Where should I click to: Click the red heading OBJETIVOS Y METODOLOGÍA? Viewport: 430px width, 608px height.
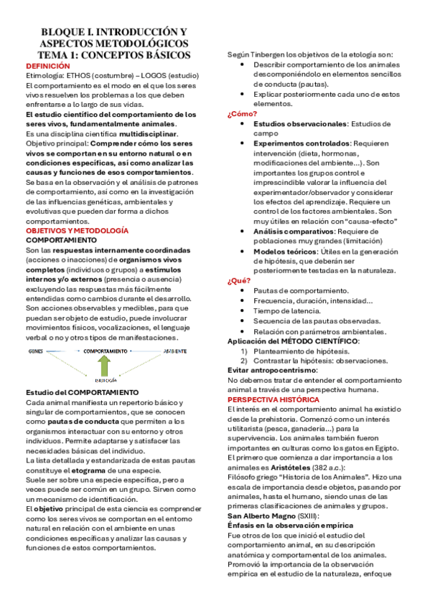(x=77, y=231)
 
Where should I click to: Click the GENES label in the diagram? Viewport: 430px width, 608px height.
(x=35, y=351)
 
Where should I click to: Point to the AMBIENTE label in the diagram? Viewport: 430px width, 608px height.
(x=174, y=351)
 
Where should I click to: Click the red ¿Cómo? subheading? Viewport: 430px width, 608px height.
(x=242, y=114)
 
